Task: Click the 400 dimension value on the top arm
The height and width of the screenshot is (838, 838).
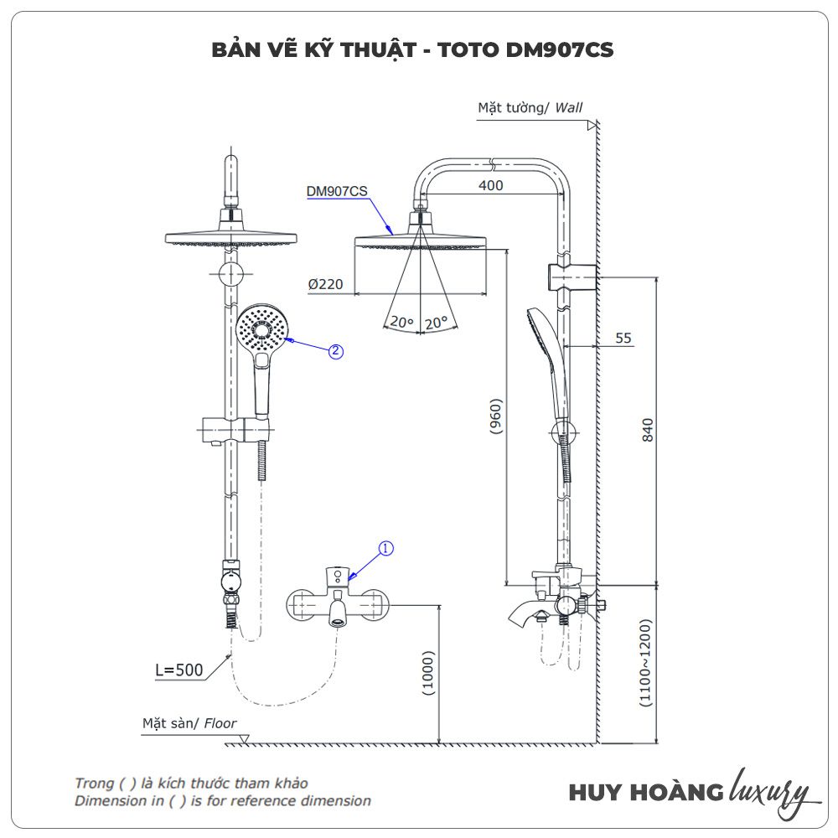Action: tap(491, 185)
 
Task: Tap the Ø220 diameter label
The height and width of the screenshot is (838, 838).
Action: tap(325, 285)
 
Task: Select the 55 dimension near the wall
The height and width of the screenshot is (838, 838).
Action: tap(623, 339)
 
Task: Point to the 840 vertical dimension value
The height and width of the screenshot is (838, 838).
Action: tap(647, 429)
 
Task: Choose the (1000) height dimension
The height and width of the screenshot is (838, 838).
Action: tap(428, 674)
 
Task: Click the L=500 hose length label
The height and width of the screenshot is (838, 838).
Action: tap(179, 670)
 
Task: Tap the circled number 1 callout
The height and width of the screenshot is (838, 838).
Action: tap(385, 549)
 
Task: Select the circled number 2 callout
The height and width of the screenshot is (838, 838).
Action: tap(335, 352)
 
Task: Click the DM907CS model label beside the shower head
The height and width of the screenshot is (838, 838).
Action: tap(337, 191)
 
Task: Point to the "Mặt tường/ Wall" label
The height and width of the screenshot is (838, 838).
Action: tap(530, 107)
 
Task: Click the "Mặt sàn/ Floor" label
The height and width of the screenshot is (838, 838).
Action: tap(189, 723)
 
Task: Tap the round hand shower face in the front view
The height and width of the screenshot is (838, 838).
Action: tap(261, 330)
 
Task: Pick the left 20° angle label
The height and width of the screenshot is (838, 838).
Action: tap(402, 323)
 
